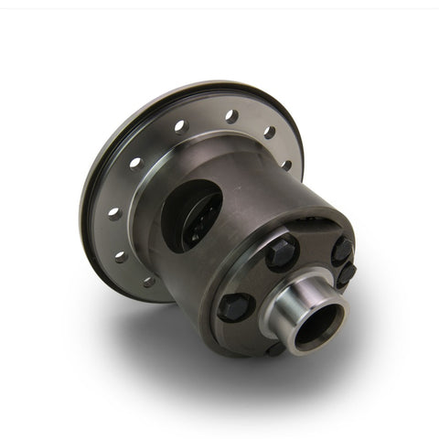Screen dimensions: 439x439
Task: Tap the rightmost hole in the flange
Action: (x=286, y=166)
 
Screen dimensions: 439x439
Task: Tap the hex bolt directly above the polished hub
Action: (x=282, y=252)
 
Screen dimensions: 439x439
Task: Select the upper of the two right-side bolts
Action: (x=341, y=249)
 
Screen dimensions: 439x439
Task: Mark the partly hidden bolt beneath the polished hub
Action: (x=275, y=348)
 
